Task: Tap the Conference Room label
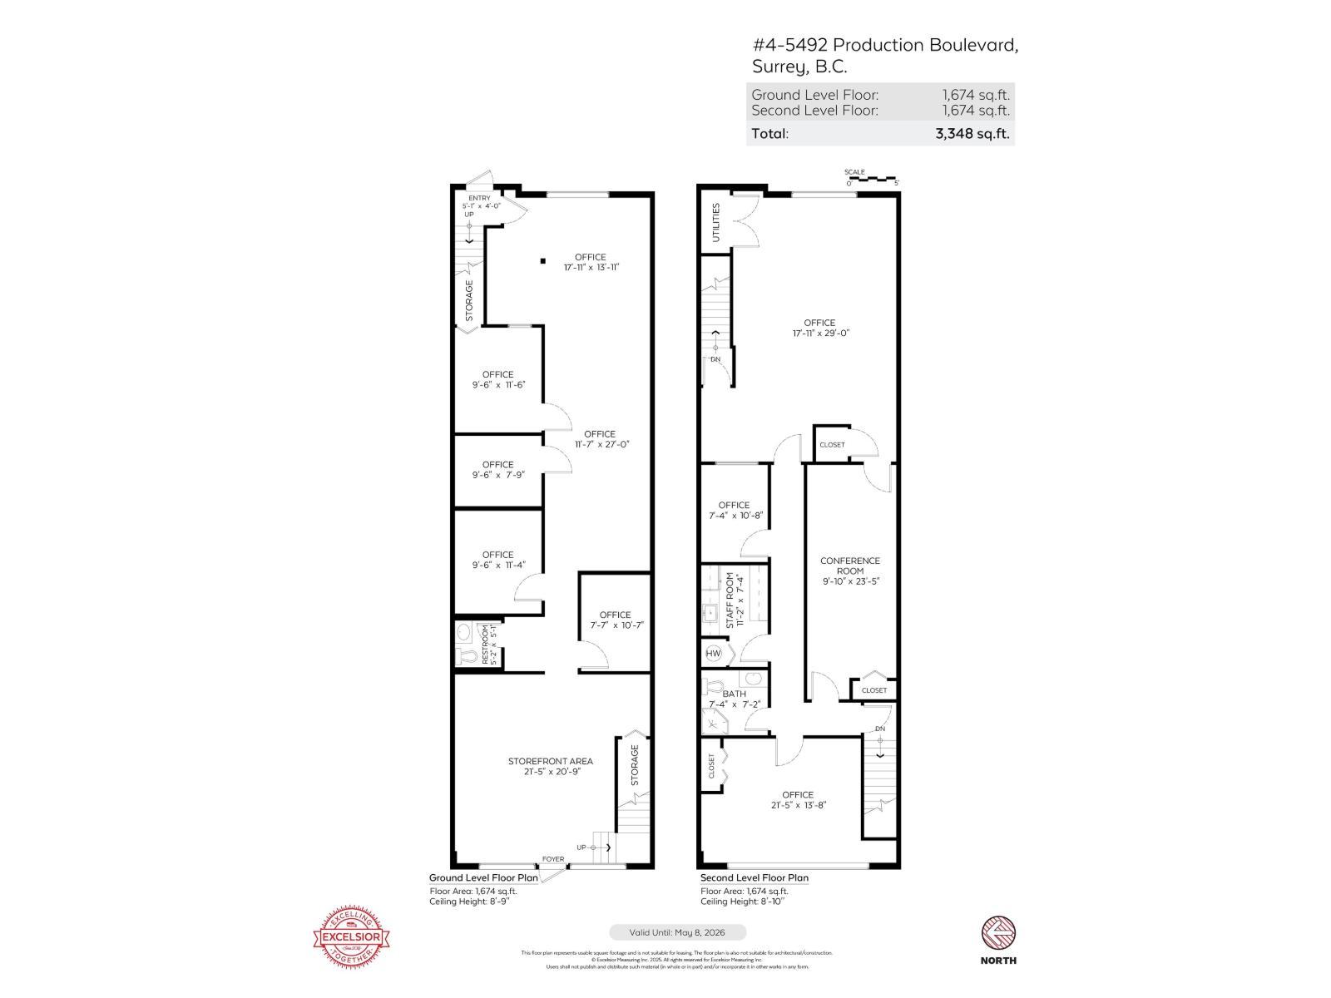tap(849, 566)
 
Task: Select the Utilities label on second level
tap(715, 222)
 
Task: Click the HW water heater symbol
tap(713, 653)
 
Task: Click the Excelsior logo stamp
tap(350, 936)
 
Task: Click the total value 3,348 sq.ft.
tap(972, 133)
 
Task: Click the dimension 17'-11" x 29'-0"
tap(820, 333)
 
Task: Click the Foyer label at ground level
tap(552, 859)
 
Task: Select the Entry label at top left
tap(479, 198)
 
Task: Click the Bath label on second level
tap(734, 694)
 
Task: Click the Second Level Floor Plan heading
tap(754, 877)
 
